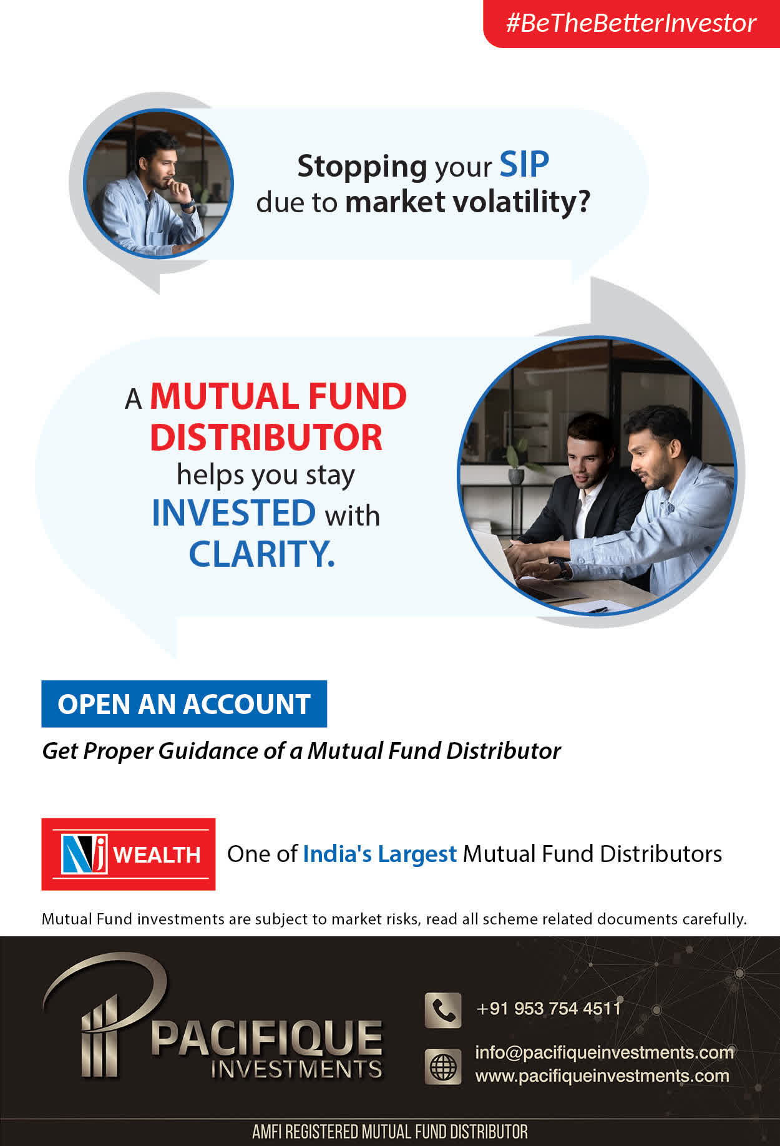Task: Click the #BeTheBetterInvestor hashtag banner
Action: click(x=631, y=24)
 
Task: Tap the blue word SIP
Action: click(x=524, y=165)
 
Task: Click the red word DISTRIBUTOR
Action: click(x=266, y=438)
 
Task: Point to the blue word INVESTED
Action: click(x=234, y=513)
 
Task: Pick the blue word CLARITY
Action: click(x=262, y=554)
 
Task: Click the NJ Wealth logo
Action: click(x=129, y=854)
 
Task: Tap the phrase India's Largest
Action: click(x=380, y=854)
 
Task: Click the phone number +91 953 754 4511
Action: click(x=548, y=1008)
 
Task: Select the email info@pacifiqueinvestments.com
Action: click(x=605, y=1052)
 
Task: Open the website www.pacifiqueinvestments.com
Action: click(x=602, y=1076)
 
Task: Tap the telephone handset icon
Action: click(x=443, y=1010)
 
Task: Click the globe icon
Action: click(x=443, y=1067)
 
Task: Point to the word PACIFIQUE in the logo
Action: click(x=266, y=1038)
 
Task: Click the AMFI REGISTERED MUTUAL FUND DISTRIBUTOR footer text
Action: click(x=390, y=1132)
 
